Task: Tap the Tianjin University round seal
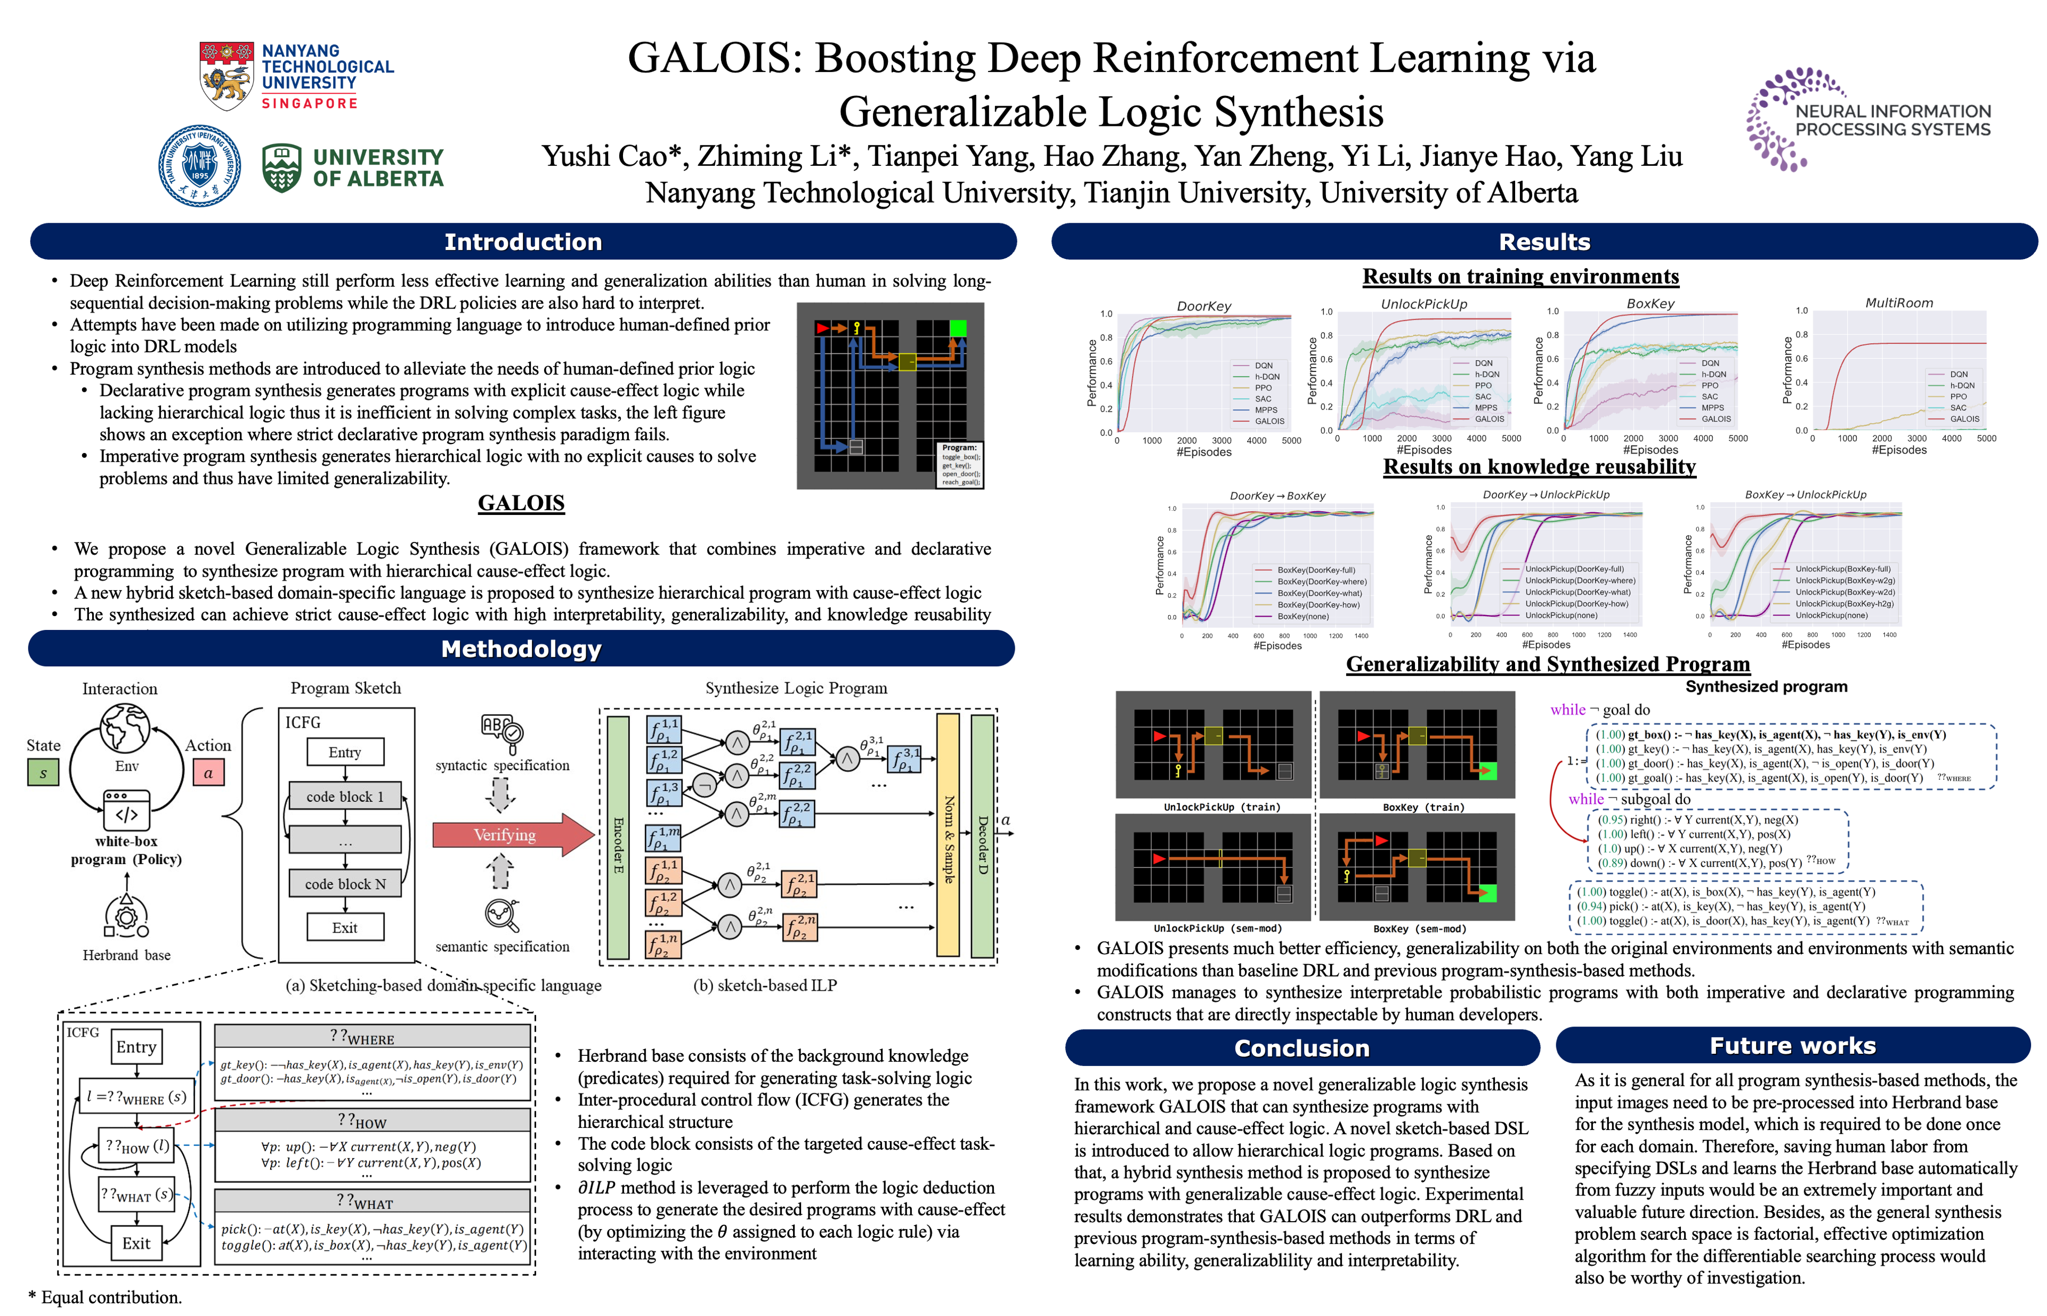click(199, 166)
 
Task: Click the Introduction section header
click(523, 242)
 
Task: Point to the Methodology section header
click(521, 649)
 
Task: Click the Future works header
click(1792, 1046)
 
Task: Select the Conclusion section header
click(1302, 1048)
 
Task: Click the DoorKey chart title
click(1204, 306)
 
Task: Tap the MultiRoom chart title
click(1898, 303)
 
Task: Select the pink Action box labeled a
click(208, 772)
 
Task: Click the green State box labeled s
click(43, 772)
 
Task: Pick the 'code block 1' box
click(345, 796)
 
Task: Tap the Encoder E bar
click(618, 837)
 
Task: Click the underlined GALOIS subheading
click(521, 503)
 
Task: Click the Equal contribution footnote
click(106, 1297)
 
